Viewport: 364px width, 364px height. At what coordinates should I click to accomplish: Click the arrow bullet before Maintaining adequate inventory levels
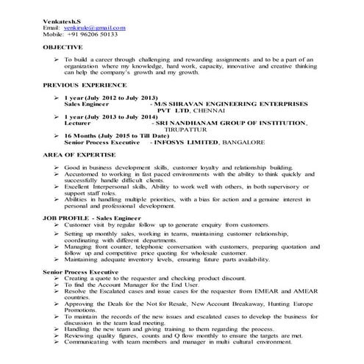coord(57,259)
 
